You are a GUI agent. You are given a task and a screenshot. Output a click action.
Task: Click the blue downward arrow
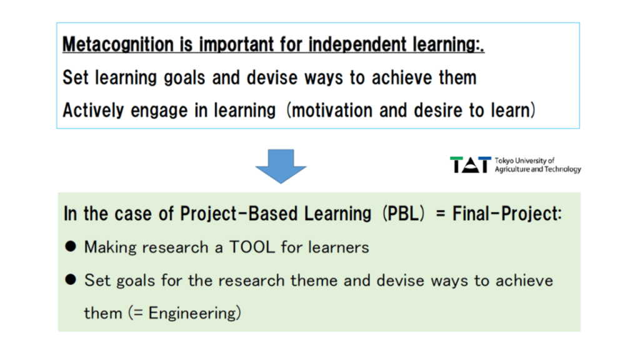[x=281, y=166]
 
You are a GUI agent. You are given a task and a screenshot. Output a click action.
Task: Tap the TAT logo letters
[x=471, y=165]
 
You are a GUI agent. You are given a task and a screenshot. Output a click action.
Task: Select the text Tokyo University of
[x=524, y=161]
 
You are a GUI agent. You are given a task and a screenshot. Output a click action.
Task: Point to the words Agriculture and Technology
[x=538, y=169]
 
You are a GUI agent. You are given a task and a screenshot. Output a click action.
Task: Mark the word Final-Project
[x=507, y=214]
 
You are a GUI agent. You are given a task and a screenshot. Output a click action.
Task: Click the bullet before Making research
[x=71, y=246]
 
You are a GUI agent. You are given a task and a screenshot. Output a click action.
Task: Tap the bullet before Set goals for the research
[x=71, y=279]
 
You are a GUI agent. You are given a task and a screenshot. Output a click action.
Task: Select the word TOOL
[x=252, y=247]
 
